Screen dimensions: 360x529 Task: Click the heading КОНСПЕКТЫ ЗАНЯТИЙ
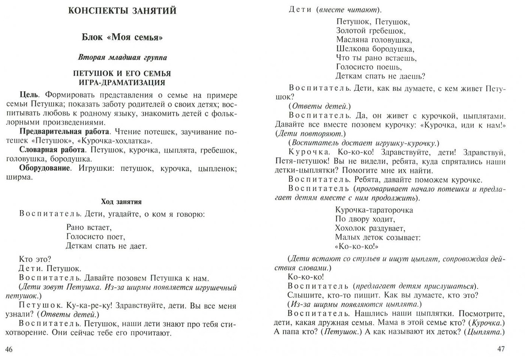pos(122,10)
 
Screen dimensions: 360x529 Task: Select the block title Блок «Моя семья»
pos(122,37)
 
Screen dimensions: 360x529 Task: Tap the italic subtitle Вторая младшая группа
pos(122,58)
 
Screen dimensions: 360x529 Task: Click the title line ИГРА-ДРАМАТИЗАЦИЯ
pos(122,83)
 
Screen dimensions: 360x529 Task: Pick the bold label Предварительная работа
pos(64,132)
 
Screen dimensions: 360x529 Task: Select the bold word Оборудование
pos(45,168)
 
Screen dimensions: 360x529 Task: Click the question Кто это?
pos(34,259)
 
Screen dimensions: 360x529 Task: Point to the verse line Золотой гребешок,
pos(370,31)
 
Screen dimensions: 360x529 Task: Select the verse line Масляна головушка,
pos(373,40)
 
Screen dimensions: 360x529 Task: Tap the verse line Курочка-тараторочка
pos(374,210)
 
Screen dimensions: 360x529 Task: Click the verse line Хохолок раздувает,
pos(370,228)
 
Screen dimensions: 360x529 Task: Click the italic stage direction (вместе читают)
pos(347,10)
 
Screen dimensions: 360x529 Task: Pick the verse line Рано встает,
pos(89,227)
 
